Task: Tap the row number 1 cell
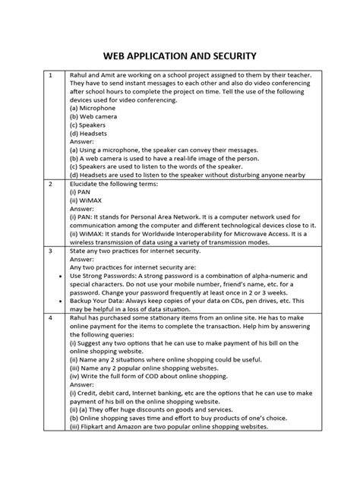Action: (49, 77)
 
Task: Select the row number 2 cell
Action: (49, 184)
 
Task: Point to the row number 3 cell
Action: (49, 249)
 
